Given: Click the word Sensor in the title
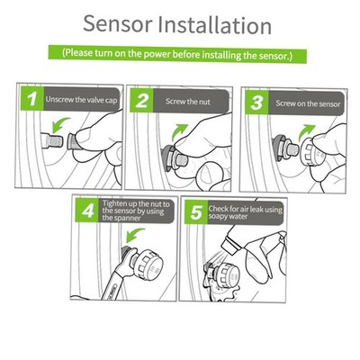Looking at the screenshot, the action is (x=117, y=23).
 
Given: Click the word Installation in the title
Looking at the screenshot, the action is (x=214, y=24).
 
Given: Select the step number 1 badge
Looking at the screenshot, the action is (x=32, y=99).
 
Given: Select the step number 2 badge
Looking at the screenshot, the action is (x=141, y=101).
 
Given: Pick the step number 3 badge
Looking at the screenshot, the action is (x=256, y=103).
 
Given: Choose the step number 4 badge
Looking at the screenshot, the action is (x=87, y=211).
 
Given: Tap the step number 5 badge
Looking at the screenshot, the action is (x=196, y=212).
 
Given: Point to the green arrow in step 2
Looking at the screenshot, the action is (x=179, y=131).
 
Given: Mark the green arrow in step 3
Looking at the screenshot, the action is (x=306, y=132).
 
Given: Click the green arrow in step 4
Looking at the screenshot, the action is (x=135, y=235).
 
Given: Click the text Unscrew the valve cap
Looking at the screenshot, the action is (x=81, y=99).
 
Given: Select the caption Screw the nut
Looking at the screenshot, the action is (x=188, y=102).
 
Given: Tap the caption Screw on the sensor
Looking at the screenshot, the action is (x=308, y=103).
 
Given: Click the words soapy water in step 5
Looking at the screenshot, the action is (x=228, y=216).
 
